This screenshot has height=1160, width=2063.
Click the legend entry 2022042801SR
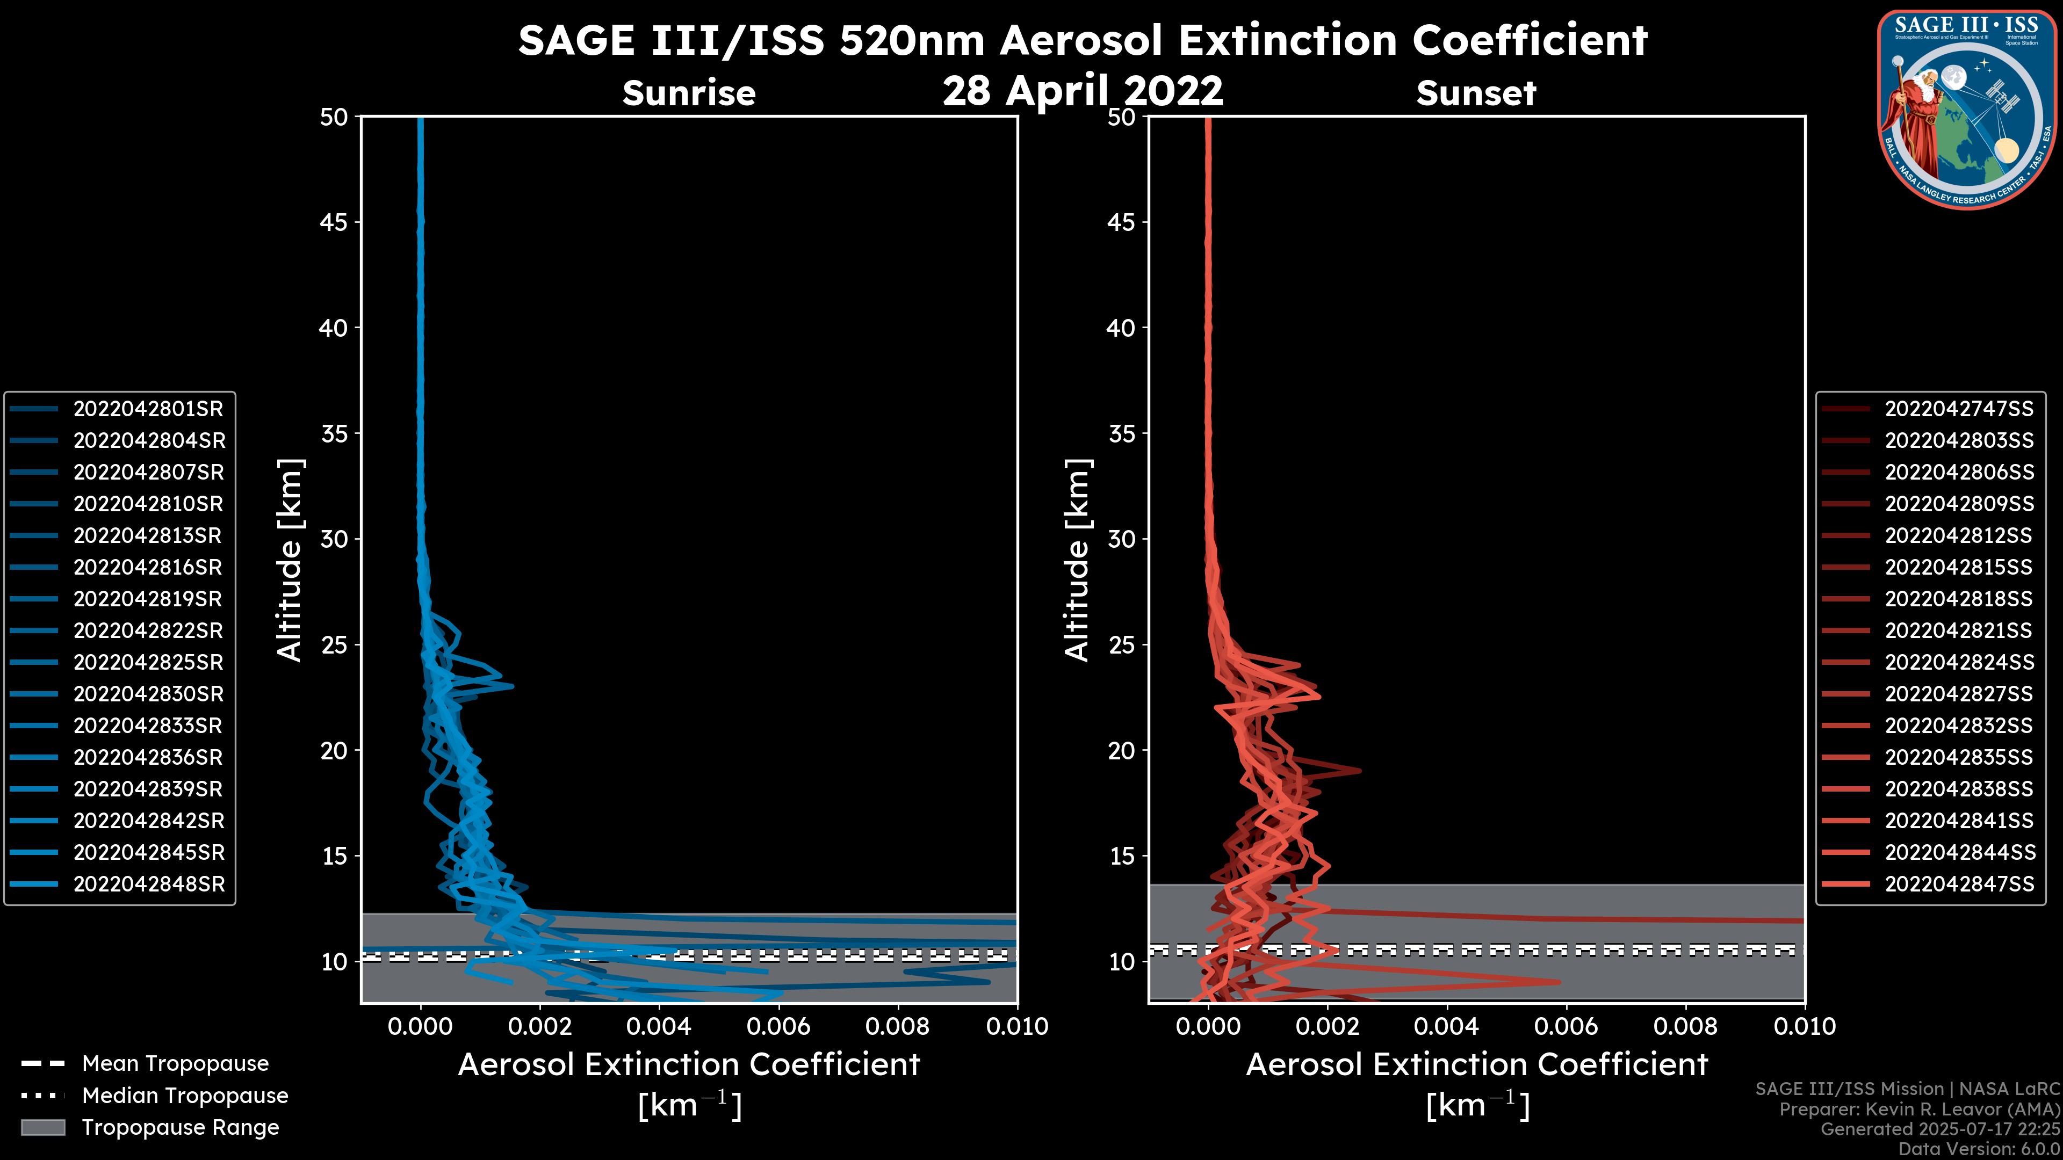point(148,409)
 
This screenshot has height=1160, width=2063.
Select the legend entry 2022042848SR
point(149,885)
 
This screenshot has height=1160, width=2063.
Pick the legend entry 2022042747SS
point(1959,409)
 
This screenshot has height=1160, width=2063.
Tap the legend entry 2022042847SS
point(1959,885)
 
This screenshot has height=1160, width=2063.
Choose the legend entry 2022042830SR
point(149,694)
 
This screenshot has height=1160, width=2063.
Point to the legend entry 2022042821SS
point(1958,631)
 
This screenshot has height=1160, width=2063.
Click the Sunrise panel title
point(689,93)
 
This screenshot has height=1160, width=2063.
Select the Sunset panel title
point(1476,93)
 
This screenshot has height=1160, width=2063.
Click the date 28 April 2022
point(1083,90)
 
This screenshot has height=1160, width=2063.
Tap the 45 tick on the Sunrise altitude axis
point(334,222)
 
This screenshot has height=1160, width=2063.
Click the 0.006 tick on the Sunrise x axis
point(778,1026)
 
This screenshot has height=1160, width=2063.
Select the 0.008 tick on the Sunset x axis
point(1686,1026)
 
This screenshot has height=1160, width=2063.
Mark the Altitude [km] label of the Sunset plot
point(1077,560)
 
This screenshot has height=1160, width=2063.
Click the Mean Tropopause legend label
point(175,1064)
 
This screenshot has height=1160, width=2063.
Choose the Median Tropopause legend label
point(185,1096)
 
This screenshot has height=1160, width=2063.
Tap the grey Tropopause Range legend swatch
point(42,1128)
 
